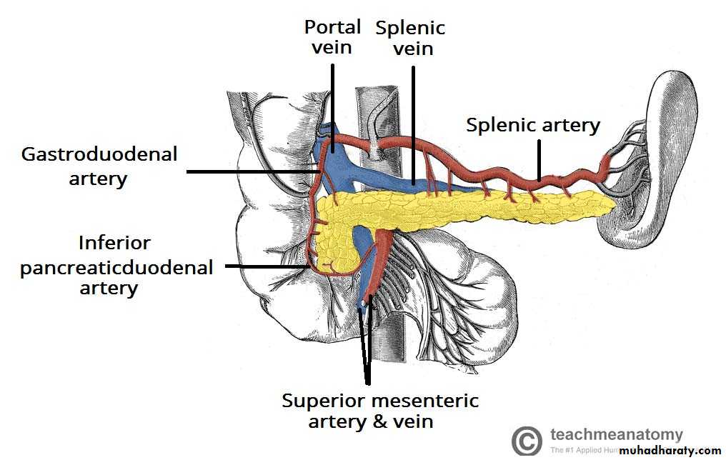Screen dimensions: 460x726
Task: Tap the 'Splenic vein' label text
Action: pyautogui.click(x=410, y=38)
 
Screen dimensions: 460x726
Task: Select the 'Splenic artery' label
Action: pyautogui.click(x=533, y=125)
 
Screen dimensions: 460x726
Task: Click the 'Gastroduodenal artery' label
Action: pyautogui.click(x=99, y=166)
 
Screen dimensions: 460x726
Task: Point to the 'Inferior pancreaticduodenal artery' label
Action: pyautogui.click(x=116, y=266)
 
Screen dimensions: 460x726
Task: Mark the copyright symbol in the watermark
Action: pyautogui.click(x=527, y=441)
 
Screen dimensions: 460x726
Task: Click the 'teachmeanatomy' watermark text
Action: pyautogui.click(x=616, y=434)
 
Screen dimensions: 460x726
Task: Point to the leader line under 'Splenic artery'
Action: pyautogui.click(x=539, y=157)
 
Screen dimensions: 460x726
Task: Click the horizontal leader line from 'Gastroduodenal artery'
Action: pyautogui.click(x=250, y=171)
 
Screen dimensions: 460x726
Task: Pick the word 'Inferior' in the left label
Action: pyautogui.click(x=115, y=243)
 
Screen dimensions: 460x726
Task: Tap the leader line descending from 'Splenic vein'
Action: pyautogui.click(x=412, y=121)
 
